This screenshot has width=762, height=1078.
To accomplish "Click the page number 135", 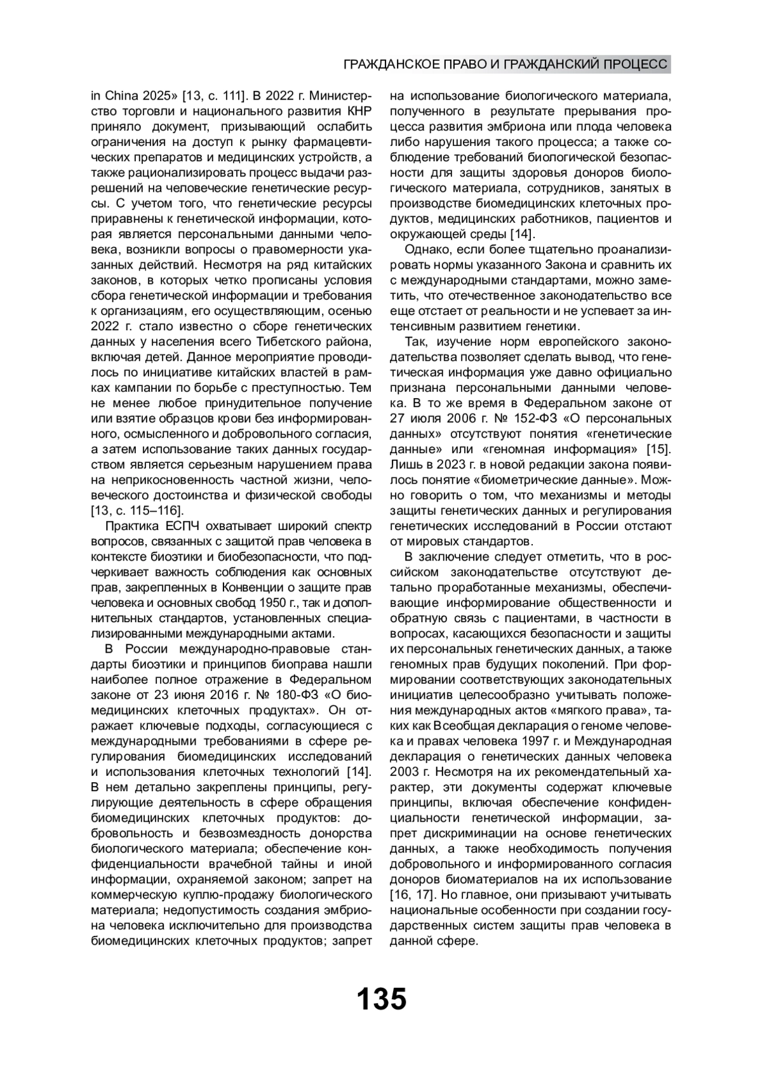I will point(381,999).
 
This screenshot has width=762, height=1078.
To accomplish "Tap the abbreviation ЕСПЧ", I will point(184,526).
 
